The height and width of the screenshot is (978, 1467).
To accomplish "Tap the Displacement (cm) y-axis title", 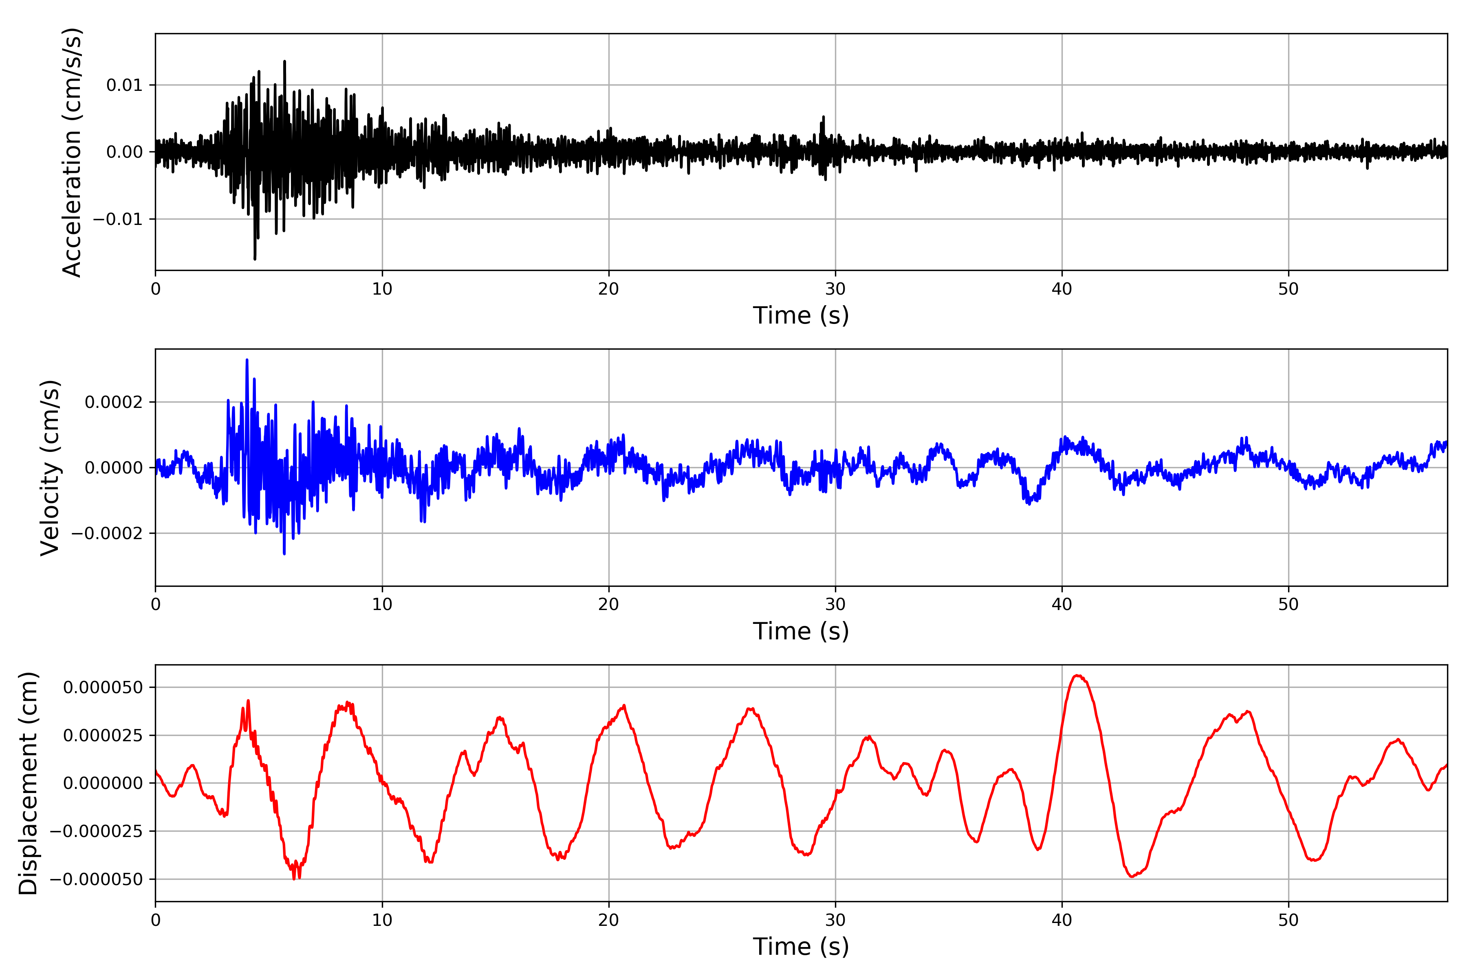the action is pyautogui.click(x=28, y=783).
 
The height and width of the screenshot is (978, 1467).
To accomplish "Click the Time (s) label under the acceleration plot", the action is pyautogui.click(x=801, y=315).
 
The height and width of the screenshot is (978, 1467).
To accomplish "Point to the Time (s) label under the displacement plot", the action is pyautogui.click(x=801, y=947).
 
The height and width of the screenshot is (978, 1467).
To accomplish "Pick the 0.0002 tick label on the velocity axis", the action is pyautogui.click(x=114, y=402).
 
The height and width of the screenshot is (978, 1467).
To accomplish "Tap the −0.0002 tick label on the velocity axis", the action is pyautogui.click(x=107, y=533).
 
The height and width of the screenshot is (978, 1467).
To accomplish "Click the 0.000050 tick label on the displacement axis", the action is pyautogui.click(x=103, y=687).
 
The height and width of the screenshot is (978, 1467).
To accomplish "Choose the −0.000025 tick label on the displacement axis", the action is pyautogui.click(x=97, y=831).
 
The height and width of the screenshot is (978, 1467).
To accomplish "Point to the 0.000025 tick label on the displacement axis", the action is pyautogui.click(x=103, y=736).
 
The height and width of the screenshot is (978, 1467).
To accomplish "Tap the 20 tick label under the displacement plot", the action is pyautogui.click(x=609, y=920).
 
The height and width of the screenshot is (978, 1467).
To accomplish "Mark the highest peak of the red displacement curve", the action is pyautogui.click(x=1077, y=676).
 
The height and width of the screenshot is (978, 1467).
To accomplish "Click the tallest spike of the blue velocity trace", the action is pyautogui.click(x=247, y=360).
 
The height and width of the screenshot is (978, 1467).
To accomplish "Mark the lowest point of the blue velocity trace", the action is pyautogui.click(x=284, y=554).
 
